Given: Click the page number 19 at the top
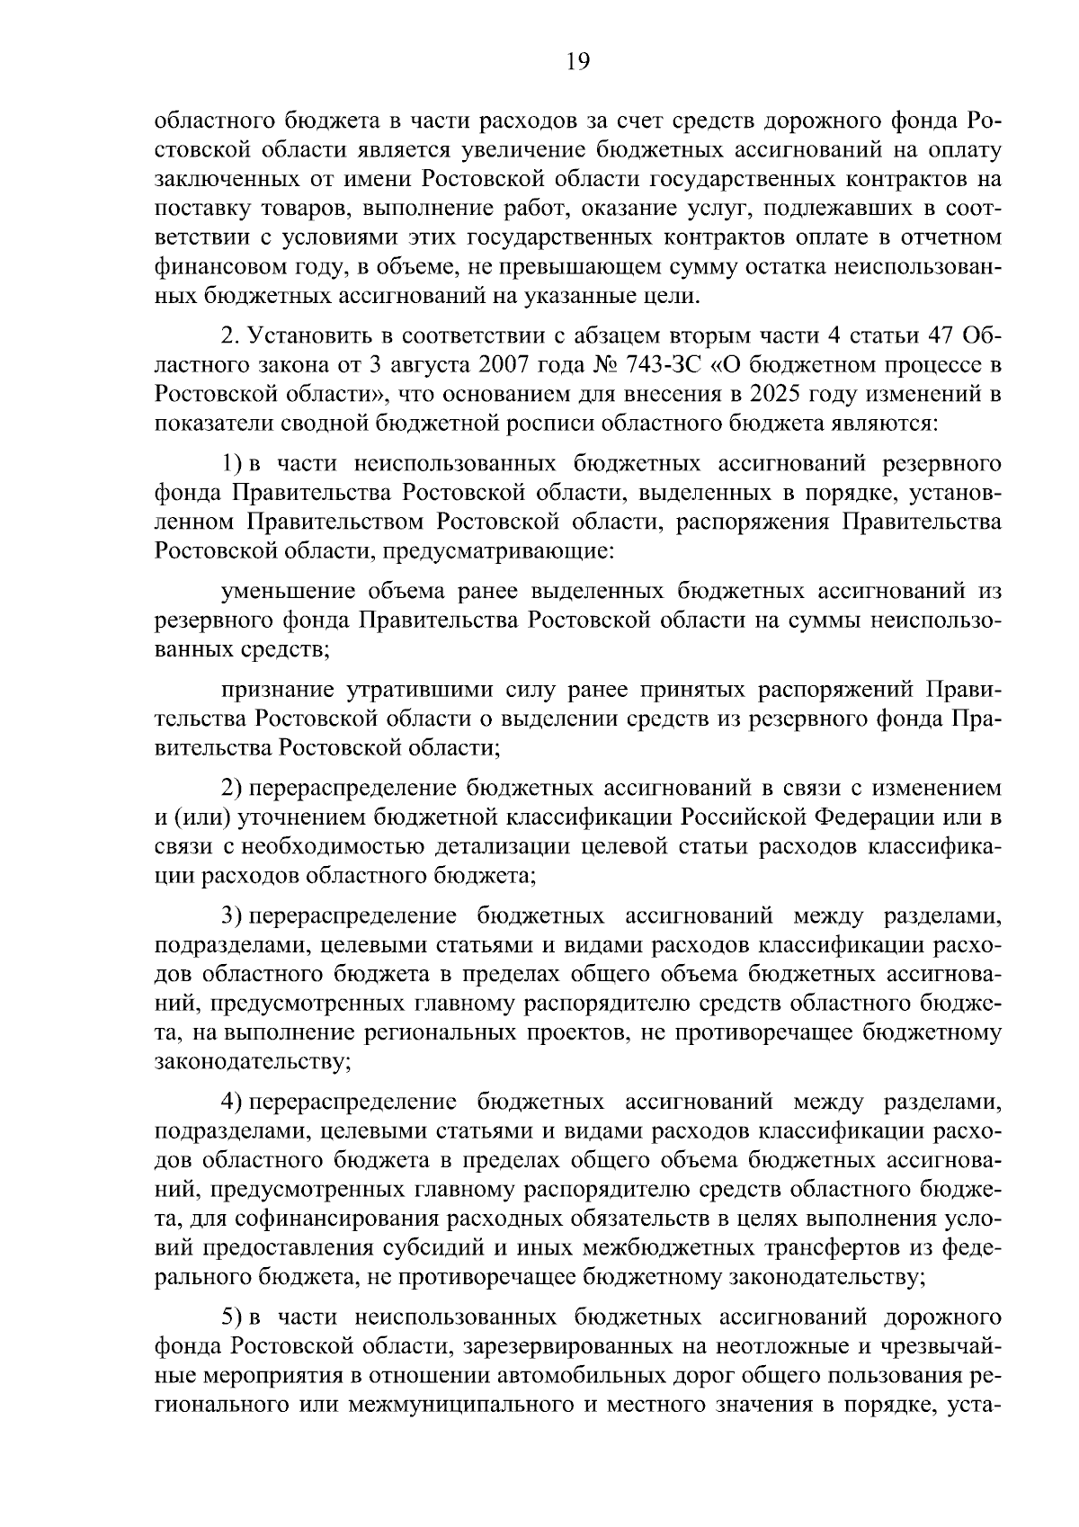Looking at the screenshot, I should click(x=577, y=61).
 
